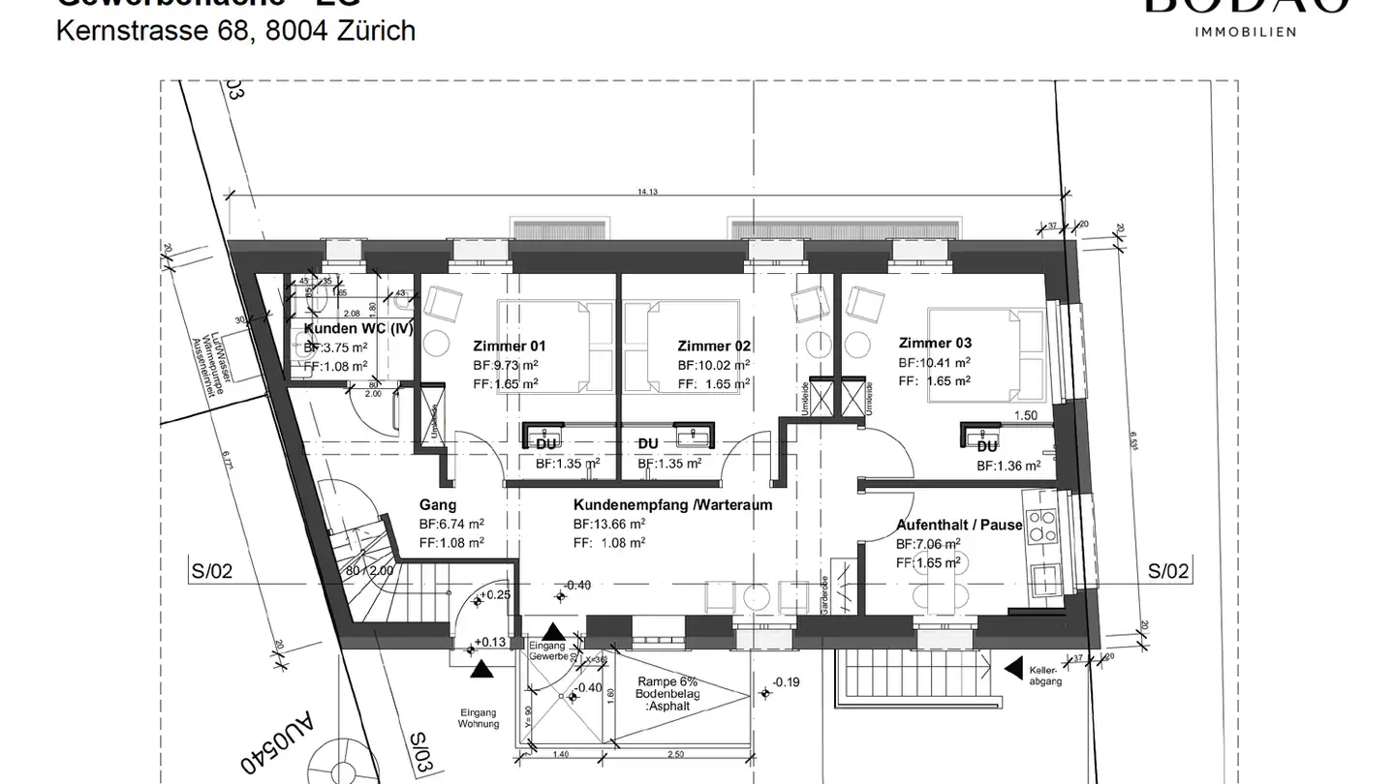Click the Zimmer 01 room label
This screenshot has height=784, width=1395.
(x=510, y=346)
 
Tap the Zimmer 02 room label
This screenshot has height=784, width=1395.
(x=714, y=346)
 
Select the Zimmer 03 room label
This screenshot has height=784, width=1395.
(x=935, y=343)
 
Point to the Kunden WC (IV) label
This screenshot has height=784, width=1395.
(x=358, y=328)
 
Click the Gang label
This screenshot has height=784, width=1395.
(x=438, y=505)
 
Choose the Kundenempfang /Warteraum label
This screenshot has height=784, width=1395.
(x=672, y=505)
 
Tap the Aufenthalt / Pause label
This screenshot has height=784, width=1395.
(x=959, y=525)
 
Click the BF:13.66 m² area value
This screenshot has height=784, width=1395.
(x=609, y=524)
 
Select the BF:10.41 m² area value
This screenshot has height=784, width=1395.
(x=935, y=362)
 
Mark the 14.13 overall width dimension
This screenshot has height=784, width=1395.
(x=647, y=193)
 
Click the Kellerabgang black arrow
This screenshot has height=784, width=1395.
(x=1014, y=667)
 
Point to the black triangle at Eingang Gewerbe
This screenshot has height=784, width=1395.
(x=551, y=631)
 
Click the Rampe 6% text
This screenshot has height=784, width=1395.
(x=662, y=681)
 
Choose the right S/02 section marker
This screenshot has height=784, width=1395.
(x=1167, y=571)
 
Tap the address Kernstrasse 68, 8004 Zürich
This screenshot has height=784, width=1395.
(x=236, y=31)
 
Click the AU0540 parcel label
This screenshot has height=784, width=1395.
(x=273, y=743)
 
